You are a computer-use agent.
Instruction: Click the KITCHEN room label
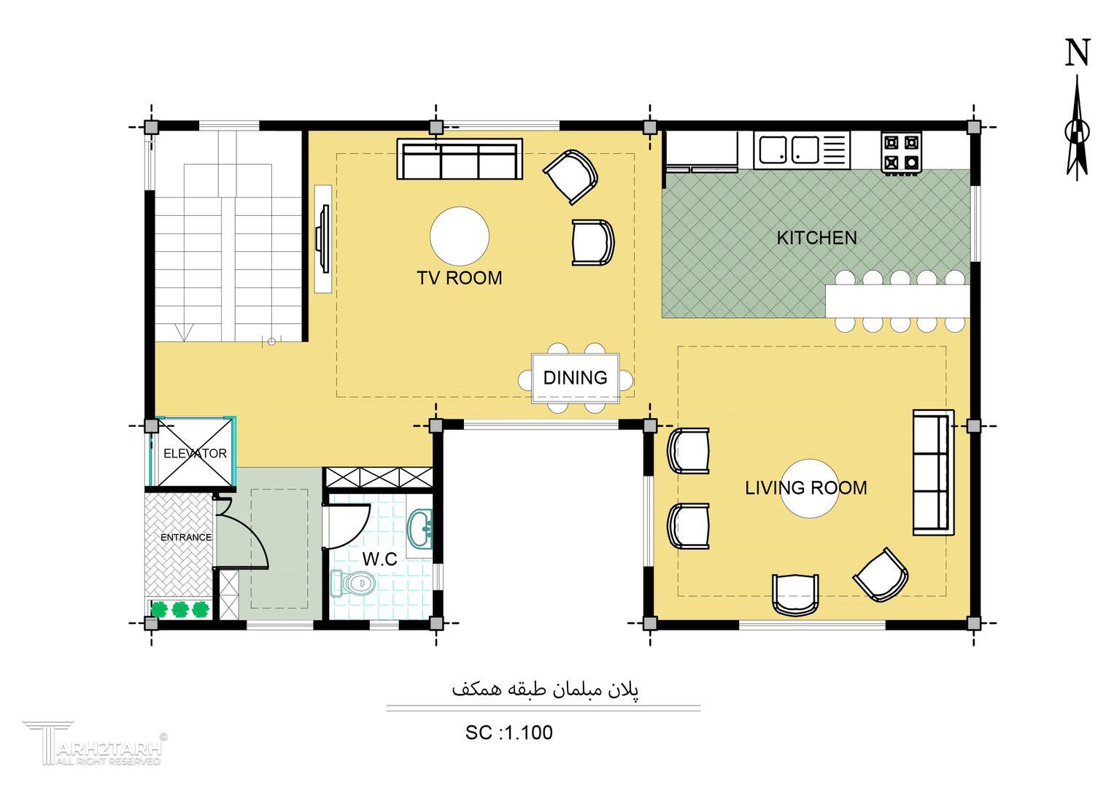(816, 238)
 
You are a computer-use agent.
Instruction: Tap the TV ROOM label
(460, 278)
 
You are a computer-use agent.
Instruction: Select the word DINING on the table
(575, 378)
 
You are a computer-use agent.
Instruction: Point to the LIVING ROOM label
(805, 487)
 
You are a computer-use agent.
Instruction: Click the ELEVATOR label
(195, 453)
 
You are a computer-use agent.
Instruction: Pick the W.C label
(379, 559)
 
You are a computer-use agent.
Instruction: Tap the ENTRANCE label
(186, 537)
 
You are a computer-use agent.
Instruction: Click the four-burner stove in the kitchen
(901, 152)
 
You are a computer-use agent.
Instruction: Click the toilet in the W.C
(352, 582)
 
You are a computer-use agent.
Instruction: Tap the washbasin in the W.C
(419, 528)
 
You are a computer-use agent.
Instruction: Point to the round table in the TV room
(460, 236)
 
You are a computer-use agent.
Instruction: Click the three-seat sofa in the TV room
(460, 159)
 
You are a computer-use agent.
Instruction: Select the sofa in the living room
(934, 472)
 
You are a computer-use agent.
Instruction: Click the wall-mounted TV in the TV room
(323, 239)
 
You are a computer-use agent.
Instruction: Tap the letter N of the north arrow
(1078, 53)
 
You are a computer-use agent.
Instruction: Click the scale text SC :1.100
(508, 733)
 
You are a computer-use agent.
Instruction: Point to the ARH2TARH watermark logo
(95, 743)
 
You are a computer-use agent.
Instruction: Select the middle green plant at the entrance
(179, 609)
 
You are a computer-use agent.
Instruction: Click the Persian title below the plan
(545, 689)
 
